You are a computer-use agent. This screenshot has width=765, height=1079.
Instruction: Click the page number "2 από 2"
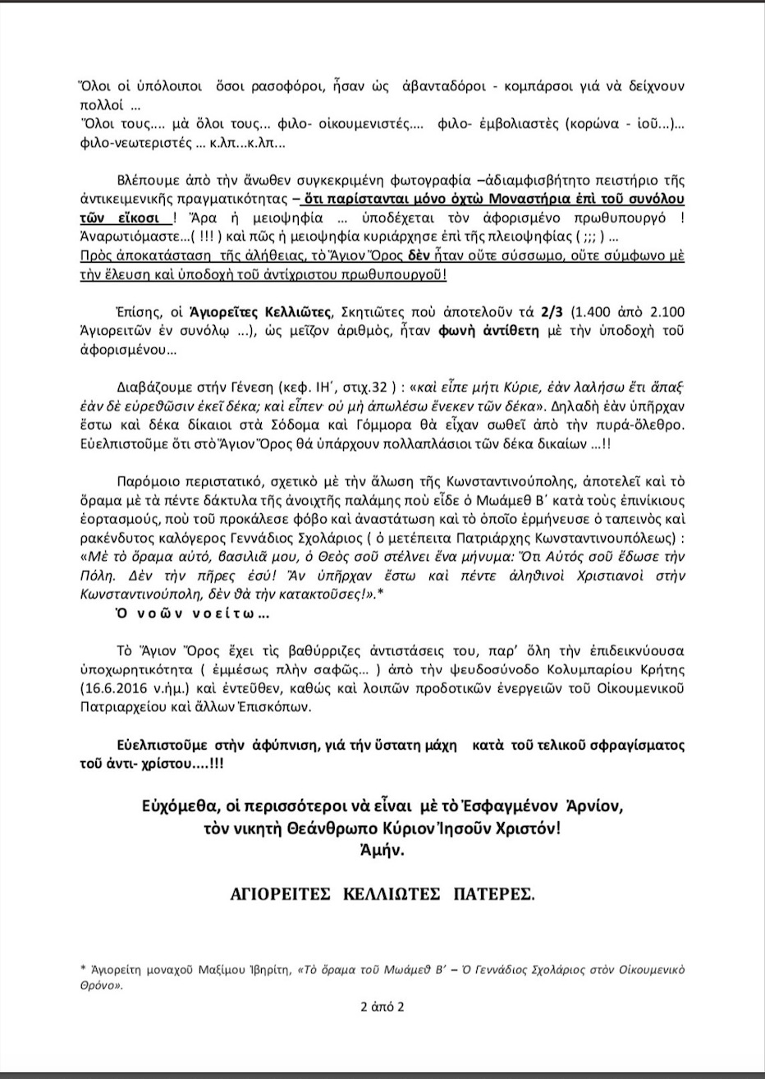tap(382, 1007)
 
